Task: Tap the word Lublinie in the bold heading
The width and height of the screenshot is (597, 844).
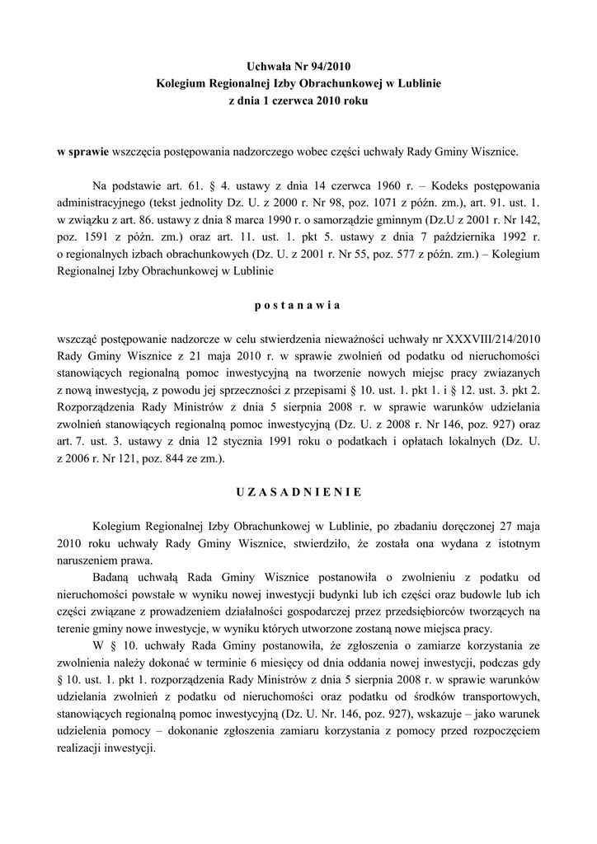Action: coord(419,83)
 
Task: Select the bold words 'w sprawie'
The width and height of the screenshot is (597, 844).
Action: coord(82,152)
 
